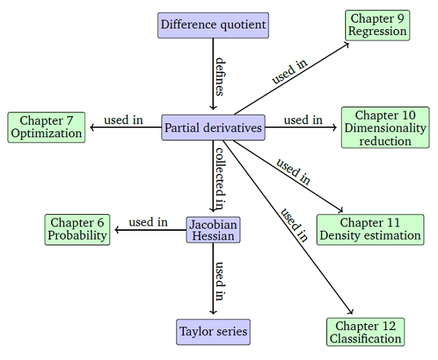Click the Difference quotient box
(213, 25)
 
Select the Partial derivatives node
(213, 128)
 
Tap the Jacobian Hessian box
(213, 230)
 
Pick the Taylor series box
(213, 332)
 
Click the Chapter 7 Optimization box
(47, 127)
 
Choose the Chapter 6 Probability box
(77, 229)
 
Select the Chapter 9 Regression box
(377, 25)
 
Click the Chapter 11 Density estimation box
(370, 229)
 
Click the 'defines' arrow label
(220, 77)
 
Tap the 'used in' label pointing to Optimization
(123, 120)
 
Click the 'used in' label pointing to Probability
(148, 222)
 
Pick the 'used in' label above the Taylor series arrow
(220, 281)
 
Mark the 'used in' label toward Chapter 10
(303, 120)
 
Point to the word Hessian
(213, 236)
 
